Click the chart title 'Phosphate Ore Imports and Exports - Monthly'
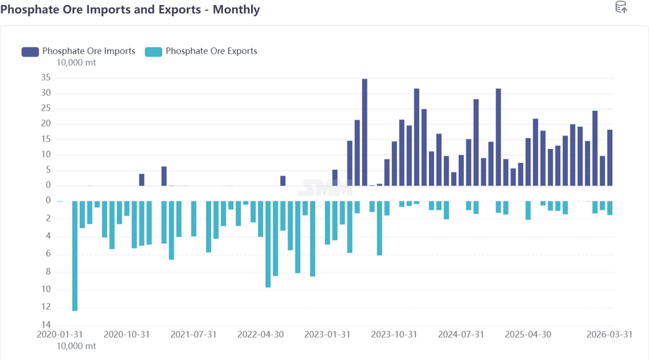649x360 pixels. (x=130, y=10)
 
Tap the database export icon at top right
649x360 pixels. (x=621, y=8)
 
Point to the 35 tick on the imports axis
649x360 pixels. (x=45, y=78)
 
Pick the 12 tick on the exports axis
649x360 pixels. (x=46, y=307)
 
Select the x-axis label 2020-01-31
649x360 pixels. (x=60, y=334)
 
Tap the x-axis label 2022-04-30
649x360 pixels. (x=261, y=334)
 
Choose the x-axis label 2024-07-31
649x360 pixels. (x=461, y=334)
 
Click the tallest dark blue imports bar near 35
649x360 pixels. (x=365, y=132)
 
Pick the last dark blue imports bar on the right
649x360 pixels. (x=610, y=157)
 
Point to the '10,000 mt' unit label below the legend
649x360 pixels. (x=77, y=62)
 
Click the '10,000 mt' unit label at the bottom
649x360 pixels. (x=77, y=346)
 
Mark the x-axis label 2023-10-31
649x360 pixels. (x=394, y=334)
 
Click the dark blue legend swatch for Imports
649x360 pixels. (x=30, y=51)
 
